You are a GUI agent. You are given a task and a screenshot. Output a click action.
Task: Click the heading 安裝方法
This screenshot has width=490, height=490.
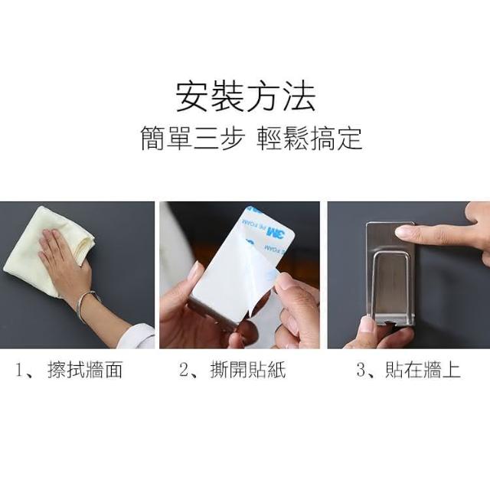[245, 97]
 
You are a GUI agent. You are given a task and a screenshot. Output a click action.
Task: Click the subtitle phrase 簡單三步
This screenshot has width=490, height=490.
[191, 139]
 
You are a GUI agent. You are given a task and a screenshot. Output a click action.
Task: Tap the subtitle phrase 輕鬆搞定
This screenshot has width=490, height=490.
[309, 139]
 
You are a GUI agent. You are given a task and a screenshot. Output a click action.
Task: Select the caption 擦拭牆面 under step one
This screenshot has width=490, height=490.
[85, 370]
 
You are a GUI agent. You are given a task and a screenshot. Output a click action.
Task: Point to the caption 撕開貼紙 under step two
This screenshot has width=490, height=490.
[248, 370]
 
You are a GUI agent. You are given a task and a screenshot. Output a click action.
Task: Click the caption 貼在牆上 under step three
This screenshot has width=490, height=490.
[423, 370]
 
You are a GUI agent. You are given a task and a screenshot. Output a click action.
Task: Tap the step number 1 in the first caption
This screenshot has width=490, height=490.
[20, 371]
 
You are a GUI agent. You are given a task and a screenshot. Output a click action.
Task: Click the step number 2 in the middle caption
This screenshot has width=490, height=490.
[184, 371]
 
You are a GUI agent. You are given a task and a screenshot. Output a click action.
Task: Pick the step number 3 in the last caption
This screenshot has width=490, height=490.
[361, 371]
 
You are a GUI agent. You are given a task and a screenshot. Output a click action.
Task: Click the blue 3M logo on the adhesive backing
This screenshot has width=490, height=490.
[276, 232]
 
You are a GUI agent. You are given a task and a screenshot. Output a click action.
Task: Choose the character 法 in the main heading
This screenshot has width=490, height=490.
[299, 97]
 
